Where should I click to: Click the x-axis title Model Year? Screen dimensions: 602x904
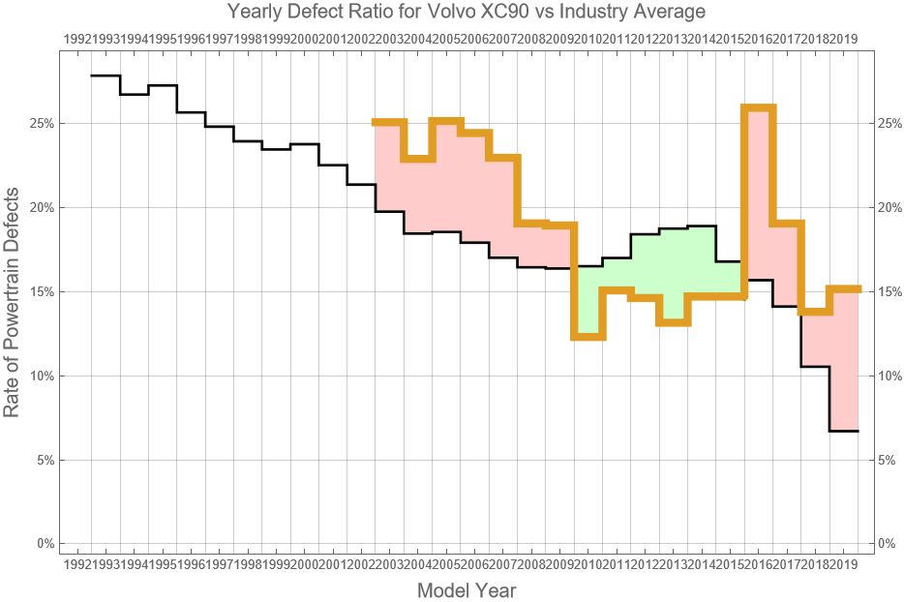[467, 590]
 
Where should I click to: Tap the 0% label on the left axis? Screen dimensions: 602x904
[45, 544]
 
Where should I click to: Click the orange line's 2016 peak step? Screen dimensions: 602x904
[759, 107]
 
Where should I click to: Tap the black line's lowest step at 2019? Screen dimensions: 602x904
[844, 431]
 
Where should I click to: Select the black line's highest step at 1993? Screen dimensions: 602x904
[105, 75]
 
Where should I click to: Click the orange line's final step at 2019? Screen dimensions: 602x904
[844, 288]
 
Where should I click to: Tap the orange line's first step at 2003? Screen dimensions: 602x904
[389, 122]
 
